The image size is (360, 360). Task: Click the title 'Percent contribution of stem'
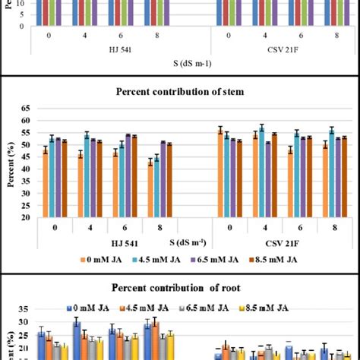pos(179,92)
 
